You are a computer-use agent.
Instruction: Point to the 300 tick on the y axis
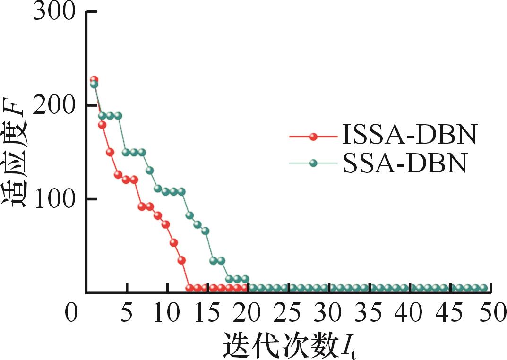[54, 11]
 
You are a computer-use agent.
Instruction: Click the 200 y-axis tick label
[54, 105]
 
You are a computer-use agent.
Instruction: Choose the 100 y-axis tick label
[54, 199]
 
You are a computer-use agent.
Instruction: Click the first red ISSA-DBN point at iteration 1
[94, 79]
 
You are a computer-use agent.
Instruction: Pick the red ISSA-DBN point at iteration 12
[182, 260]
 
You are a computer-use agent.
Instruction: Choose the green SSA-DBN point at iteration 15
[206, 231]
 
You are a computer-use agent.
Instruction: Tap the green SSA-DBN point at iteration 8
[150, 170]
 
